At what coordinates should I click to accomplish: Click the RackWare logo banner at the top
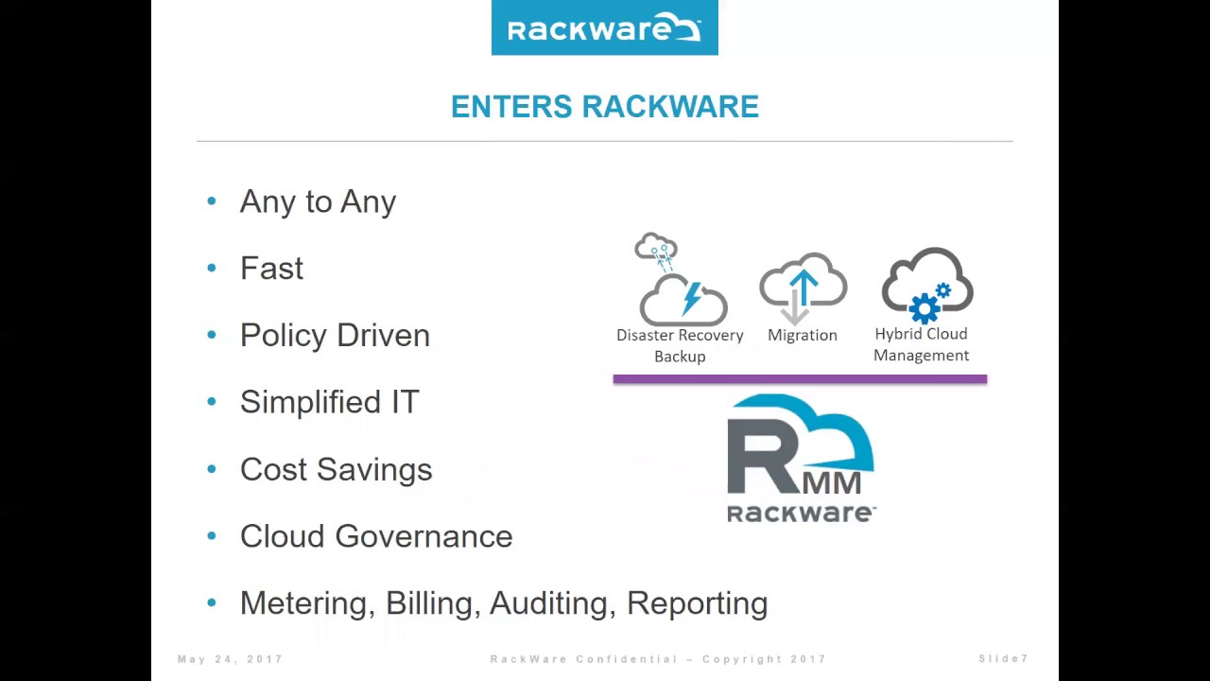(x=604, y=28)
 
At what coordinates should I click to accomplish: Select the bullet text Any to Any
(x=318, y=201)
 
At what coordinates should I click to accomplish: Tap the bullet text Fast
(x=271, y=269)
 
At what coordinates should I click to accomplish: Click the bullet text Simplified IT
(x=329, y=402)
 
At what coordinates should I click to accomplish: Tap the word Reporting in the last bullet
(x=697, y=603)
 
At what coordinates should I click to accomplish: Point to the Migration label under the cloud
(x=803, y=335)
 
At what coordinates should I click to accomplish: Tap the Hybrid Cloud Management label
(x=922, y=344)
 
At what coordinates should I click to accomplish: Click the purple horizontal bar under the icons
(x=800, y=379)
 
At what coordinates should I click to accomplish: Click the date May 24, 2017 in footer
(x=230, y=659)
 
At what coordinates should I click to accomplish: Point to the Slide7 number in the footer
(x=1003, y=659)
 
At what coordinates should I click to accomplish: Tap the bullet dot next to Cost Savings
(x=212, y=469)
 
